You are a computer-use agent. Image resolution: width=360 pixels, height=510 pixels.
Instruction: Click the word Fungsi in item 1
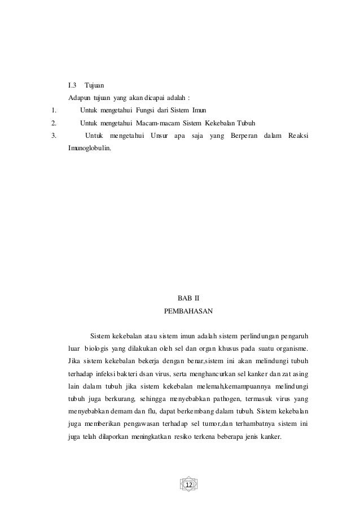point(148,111)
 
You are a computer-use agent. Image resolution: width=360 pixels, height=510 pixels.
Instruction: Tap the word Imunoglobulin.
point(89,148)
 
